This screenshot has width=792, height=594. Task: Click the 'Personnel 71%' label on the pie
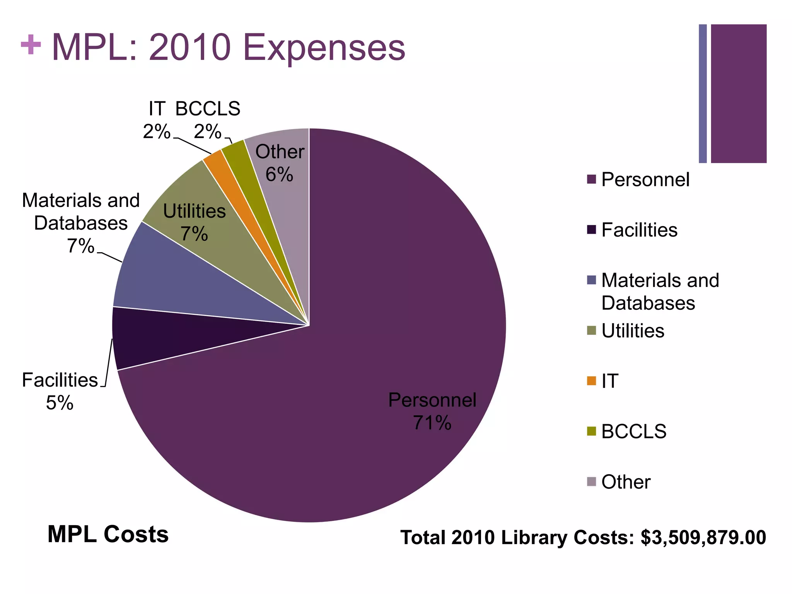pos(432,411)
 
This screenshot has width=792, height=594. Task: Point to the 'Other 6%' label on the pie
pos(280,163)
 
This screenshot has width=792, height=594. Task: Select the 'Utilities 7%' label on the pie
pos(194,222)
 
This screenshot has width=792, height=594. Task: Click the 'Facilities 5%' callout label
pos(60,391)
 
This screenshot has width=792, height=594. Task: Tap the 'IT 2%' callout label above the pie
pos(157,120)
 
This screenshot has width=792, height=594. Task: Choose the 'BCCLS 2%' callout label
pos(208,120)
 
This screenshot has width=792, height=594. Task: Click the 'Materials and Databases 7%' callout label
pos(80,223)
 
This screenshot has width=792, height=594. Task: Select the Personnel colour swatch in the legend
pos(591,179)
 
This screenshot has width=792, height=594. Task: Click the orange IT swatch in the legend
pos(591,381)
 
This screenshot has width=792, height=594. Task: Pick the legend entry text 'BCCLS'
pos(634,431)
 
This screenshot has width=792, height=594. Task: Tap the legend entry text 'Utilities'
pos(633,331)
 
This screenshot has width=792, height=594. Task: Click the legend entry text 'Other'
pos(626,482)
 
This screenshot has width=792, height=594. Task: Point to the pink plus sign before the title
pos(31,45)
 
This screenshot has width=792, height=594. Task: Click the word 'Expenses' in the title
pos(324,48)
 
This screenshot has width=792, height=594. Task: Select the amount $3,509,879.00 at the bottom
pos(703,538)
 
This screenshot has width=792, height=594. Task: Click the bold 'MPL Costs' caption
pos(108,534)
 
